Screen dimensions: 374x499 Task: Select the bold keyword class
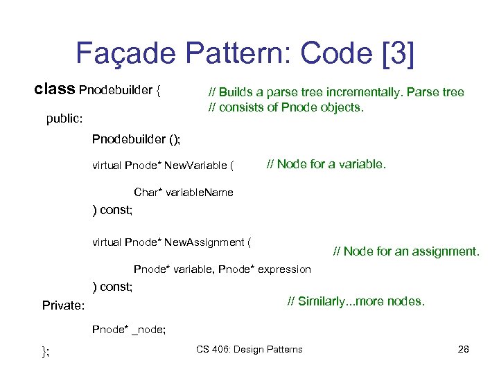click(x=55, y=90)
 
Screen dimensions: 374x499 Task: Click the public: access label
click(x=64, y=118)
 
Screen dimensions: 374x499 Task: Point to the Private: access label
click(x=63, y=305)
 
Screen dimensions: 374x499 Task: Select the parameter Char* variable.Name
click(x=184, y=192)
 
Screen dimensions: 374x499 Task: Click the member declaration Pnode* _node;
click(x=129, y=330)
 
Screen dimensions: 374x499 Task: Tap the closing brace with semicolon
click(x=46, y=350)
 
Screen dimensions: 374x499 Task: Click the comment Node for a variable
click(x=326, y=164)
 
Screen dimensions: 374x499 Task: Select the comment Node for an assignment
click(x=406, y=251)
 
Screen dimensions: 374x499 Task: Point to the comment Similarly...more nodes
click(x=356, y=301)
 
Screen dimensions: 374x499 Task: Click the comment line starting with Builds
click(x=337, y=92)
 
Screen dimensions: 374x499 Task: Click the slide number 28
click(x=464, y=349)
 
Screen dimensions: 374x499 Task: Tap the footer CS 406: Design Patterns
click(x=249, y=349)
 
